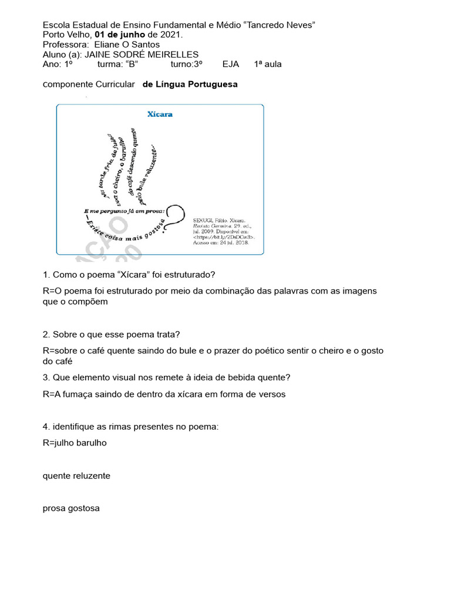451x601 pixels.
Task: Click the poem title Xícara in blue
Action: click(160, 114)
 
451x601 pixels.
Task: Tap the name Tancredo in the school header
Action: click(269, 25)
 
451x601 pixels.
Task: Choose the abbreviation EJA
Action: click(231, 64)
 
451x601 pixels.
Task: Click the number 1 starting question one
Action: click(45, 275)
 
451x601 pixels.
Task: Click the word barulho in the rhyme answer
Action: click(87, 443)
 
